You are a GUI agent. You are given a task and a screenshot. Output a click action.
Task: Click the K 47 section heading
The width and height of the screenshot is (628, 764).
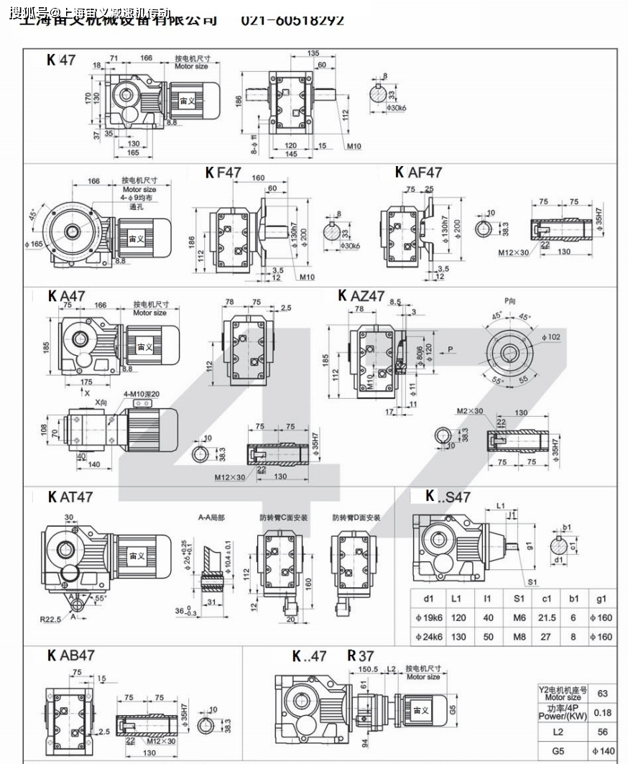click(x=61, y=60)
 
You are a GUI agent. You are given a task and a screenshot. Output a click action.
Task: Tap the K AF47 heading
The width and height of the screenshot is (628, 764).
click(x=418, y=172)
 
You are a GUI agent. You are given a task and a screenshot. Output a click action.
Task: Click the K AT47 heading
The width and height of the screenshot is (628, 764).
click(x=70, y=497)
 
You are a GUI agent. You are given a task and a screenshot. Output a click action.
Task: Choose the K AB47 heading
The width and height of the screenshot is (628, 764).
click(x=71, y=655)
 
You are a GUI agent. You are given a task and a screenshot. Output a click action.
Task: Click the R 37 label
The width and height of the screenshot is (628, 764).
click(x=361, y=655)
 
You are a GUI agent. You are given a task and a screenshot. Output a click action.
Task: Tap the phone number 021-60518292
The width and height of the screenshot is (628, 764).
click(x=292, y=20)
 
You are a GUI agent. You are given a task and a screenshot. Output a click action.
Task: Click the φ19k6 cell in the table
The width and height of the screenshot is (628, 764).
click(x=429, y=617)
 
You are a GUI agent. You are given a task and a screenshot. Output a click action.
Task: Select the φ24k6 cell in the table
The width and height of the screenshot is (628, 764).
click(x=429, y=637)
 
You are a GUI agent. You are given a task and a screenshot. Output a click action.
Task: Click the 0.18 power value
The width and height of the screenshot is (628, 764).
click(x=602, y=712)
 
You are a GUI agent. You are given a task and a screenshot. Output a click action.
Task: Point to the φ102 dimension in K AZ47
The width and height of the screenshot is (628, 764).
click(x=551, y=336)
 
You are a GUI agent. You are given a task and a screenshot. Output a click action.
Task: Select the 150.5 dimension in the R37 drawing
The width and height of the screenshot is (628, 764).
click(x=368, y=669)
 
